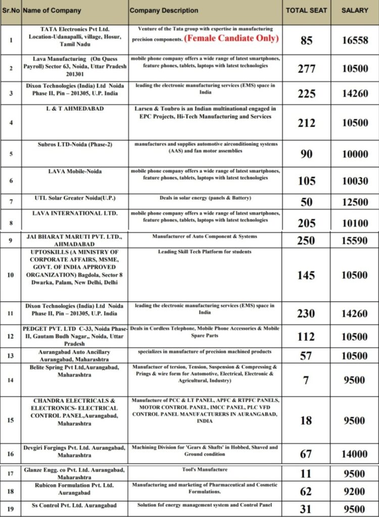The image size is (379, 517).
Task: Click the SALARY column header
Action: [x=355, y=10]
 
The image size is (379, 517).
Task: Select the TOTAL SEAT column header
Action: [x=306, y=10]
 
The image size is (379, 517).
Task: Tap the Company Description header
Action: [x=164, y=10]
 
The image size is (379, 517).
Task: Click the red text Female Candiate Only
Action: [x=231, y=38]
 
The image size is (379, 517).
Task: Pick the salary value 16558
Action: [x=355, y=40]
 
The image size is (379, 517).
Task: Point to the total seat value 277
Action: [x=307, y=69]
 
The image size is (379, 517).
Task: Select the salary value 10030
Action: [x=355, y=181]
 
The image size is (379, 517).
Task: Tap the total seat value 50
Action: [x=307, y=202]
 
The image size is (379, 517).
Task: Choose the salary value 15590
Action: [x=355, y=241]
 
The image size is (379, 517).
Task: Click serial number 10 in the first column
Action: [x=11, y=275]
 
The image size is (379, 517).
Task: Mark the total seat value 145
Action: [x=307, y=275]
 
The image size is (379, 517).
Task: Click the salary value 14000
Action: [x=355, y=454]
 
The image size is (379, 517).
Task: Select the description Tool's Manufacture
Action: [x=205, y=470]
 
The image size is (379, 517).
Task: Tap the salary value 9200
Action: [x=355, y=491]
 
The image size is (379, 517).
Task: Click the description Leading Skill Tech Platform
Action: [x=205, y=251]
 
